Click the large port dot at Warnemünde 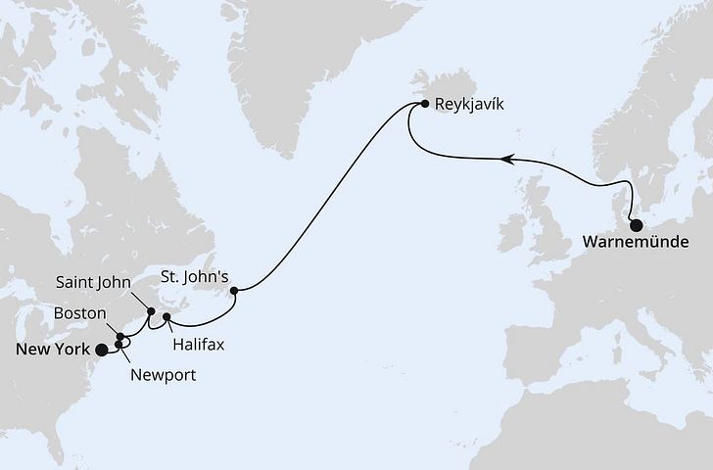(636, 225)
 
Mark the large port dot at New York (102, 349)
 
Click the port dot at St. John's (234, 290)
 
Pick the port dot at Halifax (167, 317)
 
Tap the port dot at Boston (121, 337)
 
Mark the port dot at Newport (118, 345)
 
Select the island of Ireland (512, 235)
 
